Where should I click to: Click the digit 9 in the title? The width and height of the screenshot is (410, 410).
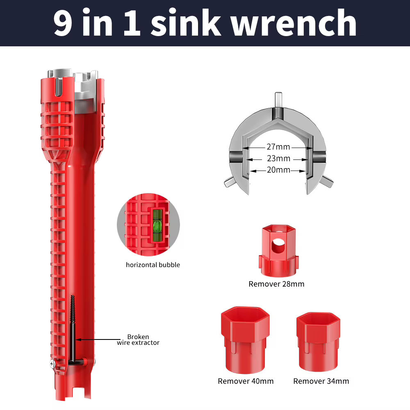point(63,23)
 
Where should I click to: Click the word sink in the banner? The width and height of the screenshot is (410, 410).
point(186,22)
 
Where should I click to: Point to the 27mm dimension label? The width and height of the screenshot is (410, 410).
point(278,147)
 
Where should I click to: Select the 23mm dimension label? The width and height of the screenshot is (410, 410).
point(278,158)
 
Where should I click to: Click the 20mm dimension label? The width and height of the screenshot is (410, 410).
point(278,170)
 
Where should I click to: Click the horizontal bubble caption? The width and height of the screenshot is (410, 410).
point(153,265)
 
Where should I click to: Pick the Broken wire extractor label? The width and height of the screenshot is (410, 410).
point(138,339)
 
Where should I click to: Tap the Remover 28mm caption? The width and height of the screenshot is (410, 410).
point(276,284)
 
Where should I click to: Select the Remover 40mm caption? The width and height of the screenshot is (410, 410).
point(246,381)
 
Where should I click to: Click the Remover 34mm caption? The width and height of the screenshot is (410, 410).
point(321,381)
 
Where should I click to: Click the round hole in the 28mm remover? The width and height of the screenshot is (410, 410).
point(278,246)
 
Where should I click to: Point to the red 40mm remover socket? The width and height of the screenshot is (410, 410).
point(245,340)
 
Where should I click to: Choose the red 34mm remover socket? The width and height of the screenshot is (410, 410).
point(318,342)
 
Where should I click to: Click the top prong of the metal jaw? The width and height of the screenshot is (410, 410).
point(278,100)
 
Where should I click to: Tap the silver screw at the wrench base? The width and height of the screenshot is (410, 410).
point(53,364)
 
